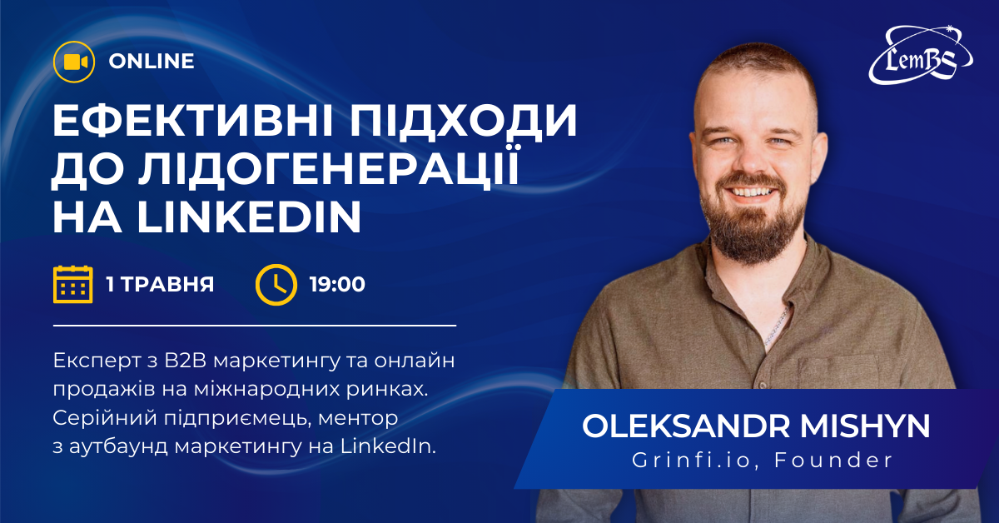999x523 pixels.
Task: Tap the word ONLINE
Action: point(152,62)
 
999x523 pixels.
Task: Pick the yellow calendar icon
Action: point(72,284)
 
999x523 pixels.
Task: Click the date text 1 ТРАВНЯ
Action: point(160,284)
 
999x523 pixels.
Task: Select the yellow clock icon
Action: point(276,284)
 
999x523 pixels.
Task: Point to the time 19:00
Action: point(337,284)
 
